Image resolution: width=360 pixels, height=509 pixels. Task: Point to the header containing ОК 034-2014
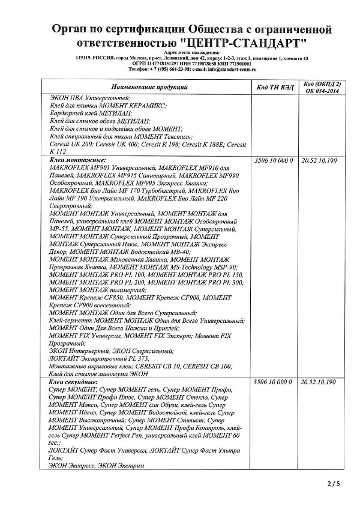click(323, 91)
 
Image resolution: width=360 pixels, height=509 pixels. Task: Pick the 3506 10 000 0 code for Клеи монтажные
click(273, 160)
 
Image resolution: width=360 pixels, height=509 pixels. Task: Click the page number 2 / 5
click(334, 483)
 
